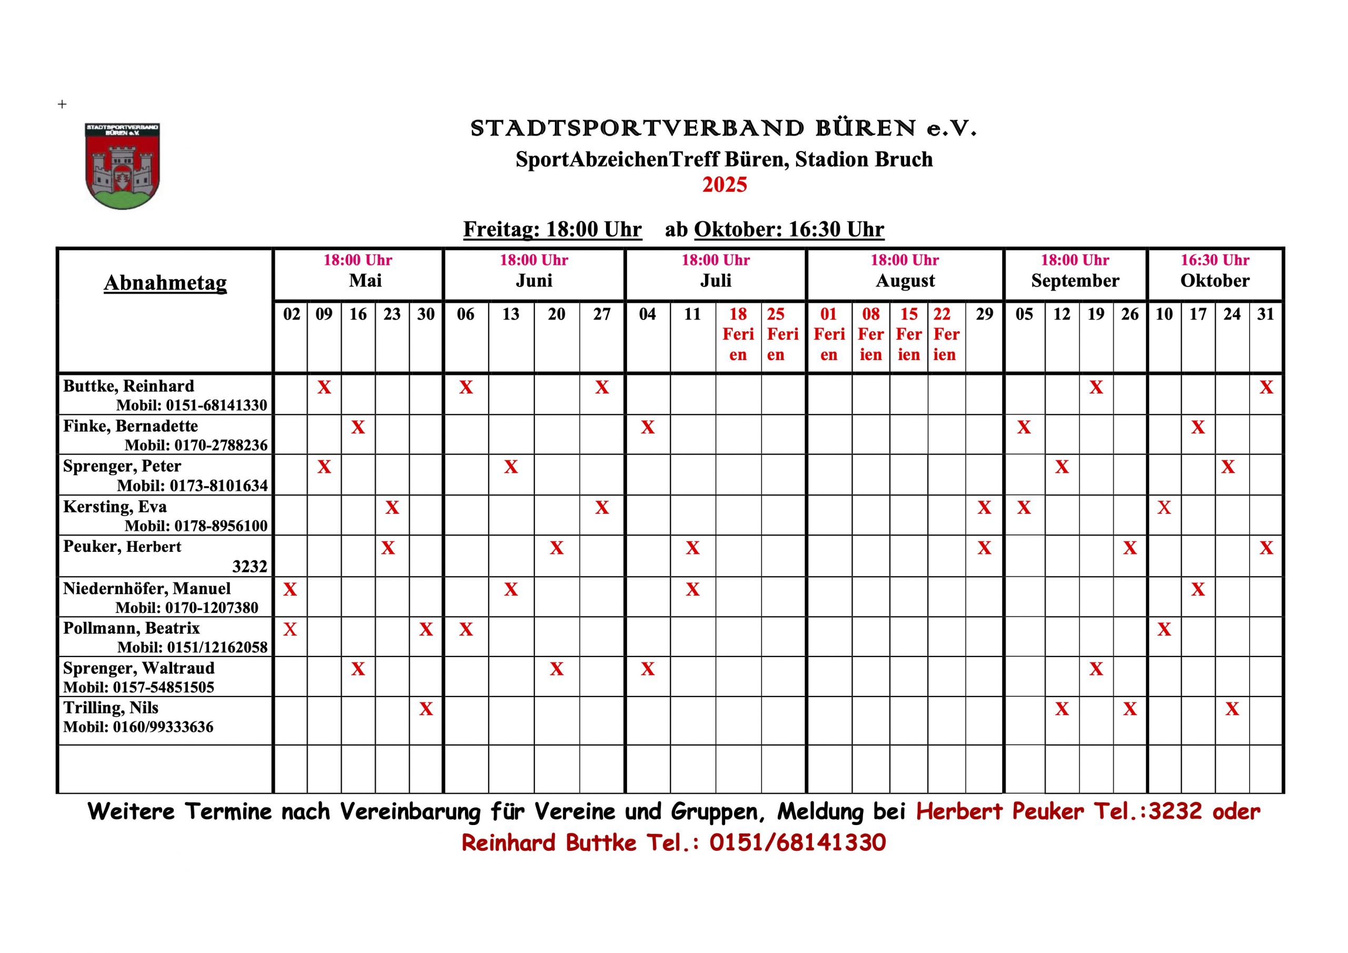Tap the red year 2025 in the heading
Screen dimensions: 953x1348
click(x=725, y=185)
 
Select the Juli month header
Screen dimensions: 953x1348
click(x=716, y=281)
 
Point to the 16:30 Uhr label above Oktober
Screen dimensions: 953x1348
click(x=1215, y=260)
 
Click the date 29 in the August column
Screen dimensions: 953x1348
click(x=985, y=314)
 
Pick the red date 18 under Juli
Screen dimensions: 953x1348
click(x=738, y=314)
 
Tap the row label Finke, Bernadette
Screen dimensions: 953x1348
click(x=131, y=426)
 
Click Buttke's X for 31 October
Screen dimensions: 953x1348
click(x=1266, y=388)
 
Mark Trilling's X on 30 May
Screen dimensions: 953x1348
click(x=426, y=709)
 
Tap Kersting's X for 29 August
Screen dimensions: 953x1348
click(x=985, y=508)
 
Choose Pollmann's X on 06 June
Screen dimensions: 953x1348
click(x=466, y=630)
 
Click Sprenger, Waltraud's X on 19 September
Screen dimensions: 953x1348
click(x=1096, y=669)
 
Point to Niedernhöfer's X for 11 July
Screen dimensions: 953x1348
click(x=693, y=589)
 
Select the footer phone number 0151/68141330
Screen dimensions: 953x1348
click(x=797, y=842)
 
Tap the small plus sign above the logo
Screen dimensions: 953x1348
click(x=62, y=105)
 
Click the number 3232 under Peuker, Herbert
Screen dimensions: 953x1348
click(x=250, y=567)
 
